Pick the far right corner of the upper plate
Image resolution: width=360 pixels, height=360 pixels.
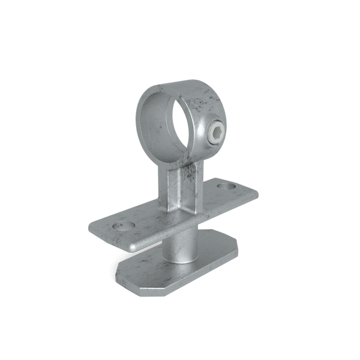tap(258, 193)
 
